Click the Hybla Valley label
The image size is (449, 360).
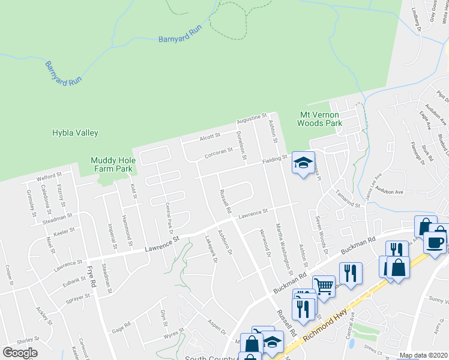pos(75,133)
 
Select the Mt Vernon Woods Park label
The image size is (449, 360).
pos(320,119)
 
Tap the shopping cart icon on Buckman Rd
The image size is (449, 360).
pos(324,287)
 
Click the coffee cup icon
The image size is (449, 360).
pos(434,242)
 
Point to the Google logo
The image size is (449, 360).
pos(20,353)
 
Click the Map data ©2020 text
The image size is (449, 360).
pos(423,355)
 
